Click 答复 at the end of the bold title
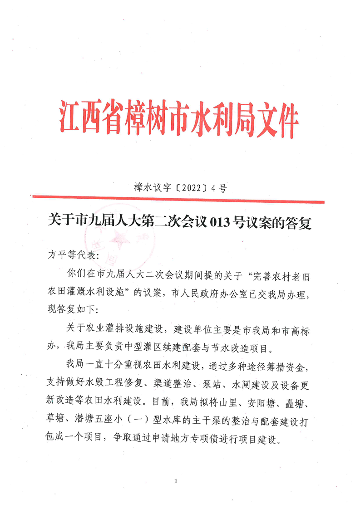click(298, 223)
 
